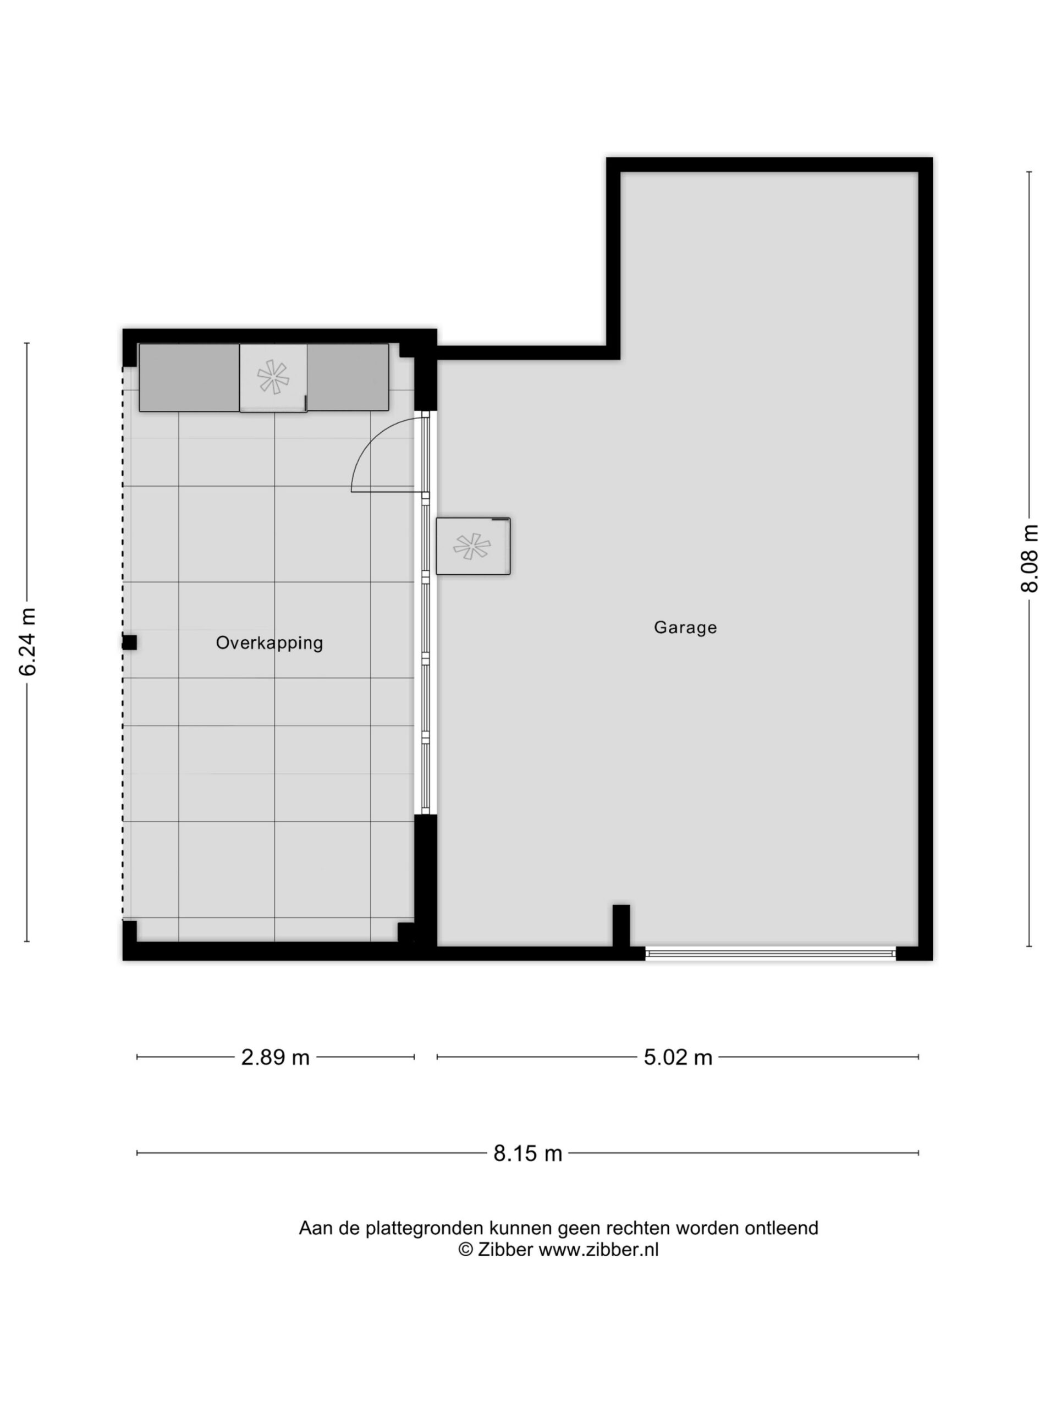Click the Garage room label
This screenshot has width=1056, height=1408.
(685, 628)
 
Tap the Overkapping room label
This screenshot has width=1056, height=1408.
(269, 643)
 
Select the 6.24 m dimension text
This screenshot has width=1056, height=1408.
(28, 642)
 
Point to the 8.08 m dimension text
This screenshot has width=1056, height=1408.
(1029, 558)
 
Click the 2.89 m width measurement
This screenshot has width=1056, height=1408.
(275, 1057)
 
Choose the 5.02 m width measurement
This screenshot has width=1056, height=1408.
(678, 1057)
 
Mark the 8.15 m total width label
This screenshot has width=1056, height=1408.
(527, 1153)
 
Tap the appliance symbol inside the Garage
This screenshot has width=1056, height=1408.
(473, 546)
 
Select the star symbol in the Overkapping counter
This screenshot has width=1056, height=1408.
(273, 377)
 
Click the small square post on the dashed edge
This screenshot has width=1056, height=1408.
(129, 643)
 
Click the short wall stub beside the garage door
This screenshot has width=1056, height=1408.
(621, 926)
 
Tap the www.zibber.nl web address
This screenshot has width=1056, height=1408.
(598, 1250)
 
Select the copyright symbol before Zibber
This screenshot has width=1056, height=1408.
(465, 1250)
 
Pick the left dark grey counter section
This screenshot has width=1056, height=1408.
(190, 377)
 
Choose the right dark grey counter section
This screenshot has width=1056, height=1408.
(348, 377)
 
